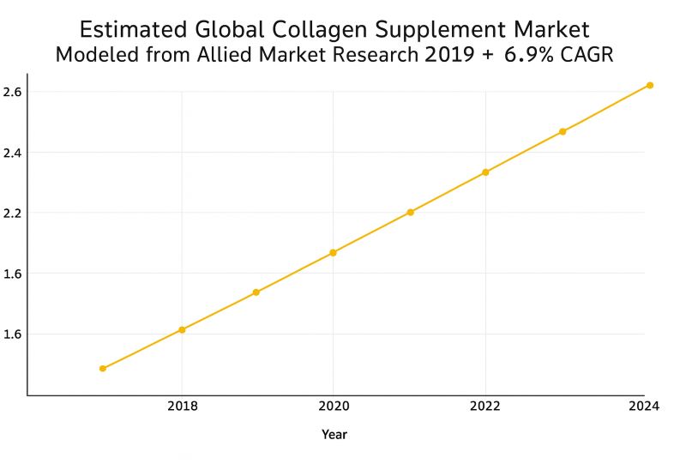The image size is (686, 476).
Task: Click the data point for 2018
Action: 182,330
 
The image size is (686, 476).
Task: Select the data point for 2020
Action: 333,253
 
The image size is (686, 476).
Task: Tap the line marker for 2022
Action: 485,172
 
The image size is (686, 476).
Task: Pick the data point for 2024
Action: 650,85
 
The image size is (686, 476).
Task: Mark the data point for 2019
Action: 256,292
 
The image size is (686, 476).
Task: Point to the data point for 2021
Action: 410,212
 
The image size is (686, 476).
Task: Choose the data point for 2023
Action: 563,131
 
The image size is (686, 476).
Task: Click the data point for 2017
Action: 103,369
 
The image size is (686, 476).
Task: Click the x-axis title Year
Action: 334,435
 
